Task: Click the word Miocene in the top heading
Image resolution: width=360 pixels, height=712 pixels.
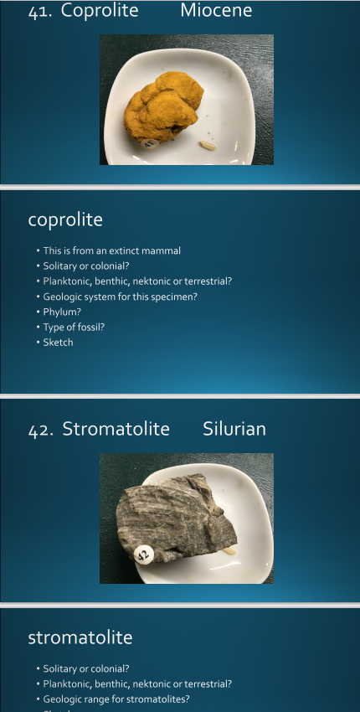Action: [x=215, y=11]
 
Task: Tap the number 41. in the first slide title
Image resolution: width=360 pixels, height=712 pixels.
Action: [x=41, y=11]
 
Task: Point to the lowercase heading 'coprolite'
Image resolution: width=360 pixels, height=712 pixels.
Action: [x=65, y=220]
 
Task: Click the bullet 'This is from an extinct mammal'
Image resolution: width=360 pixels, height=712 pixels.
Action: [x=111, y=250]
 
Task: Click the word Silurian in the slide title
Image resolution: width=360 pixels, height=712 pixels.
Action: [x=234, y=430]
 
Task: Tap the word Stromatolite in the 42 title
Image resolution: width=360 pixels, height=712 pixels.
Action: [x=116, y=430]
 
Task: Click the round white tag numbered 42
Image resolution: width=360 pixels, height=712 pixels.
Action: [x=143, y=553]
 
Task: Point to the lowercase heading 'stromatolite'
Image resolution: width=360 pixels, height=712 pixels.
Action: [x=80, y=638]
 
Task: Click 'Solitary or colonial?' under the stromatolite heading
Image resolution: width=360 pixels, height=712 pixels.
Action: [x=86, y=668]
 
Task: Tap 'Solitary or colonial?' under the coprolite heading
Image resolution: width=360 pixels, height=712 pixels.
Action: [x=86, y=266]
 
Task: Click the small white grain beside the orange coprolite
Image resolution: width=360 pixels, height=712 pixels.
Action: [x=208, y=146]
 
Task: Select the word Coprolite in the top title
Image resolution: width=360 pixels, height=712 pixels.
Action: [x=100, y=11]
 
